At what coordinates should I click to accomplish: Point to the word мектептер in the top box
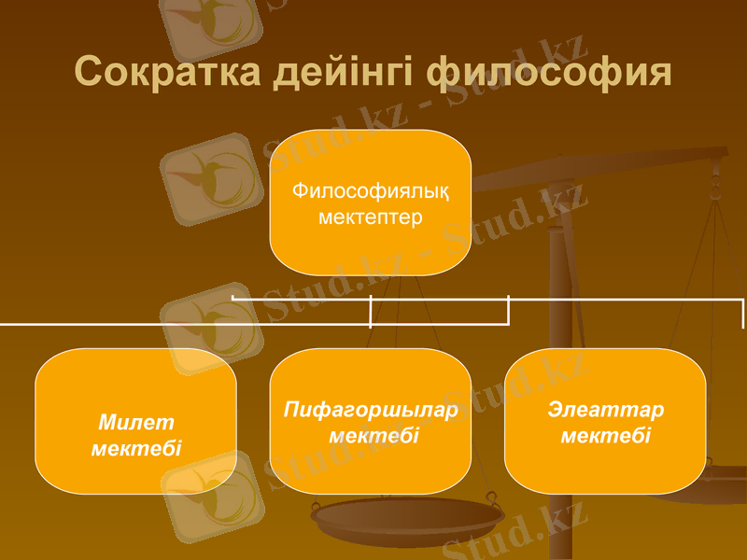(x=371, y=217)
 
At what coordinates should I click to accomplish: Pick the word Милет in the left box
(x=136, y=424)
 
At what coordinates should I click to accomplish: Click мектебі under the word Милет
(x=136, y=448)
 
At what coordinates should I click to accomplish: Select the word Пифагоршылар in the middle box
(x=371, y=411)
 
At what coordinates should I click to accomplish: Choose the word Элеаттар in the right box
(x=606, y=411)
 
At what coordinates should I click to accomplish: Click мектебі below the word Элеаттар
(x=606, y=436)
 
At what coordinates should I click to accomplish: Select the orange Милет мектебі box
(x=136, y=383)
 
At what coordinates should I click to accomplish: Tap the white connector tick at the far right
(x=743, y=314)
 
